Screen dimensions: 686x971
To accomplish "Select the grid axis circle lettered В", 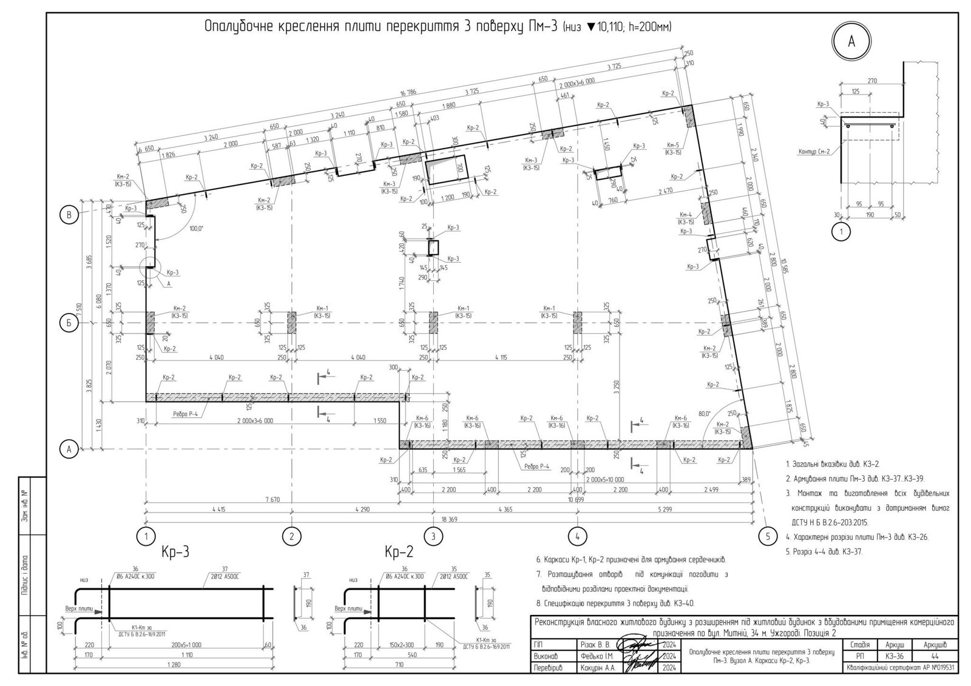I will pos(69,214).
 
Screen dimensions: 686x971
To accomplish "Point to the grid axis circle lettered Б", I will pos(69,323).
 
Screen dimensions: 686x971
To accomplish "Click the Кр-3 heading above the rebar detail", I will pos(176,552).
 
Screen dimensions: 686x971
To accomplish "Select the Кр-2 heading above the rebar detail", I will pos(399,552).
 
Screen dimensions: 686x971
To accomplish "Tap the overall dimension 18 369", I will pos(450,519).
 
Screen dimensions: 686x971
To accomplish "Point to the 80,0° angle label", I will pos(704,414).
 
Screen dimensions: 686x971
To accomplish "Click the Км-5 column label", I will pos(672,146).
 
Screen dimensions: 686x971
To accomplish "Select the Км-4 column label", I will pos(686,215).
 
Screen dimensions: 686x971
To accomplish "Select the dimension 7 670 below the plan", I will pos(271,499).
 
